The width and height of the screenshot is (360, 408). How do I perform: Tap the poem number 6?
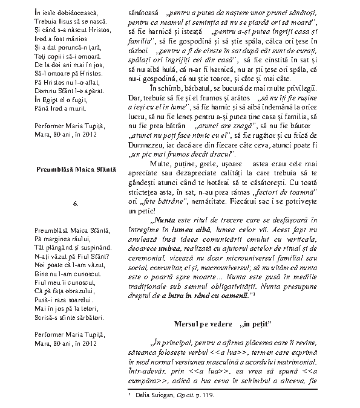pos(76,204)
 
